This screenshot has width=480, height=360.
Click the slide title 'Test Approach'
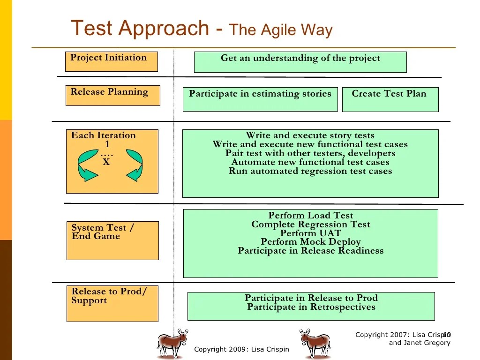pos(139,28)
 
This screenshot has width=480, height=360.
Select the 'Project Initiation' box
pos(111,61)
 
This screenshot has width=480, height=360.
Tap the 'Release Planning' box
pos(112,95)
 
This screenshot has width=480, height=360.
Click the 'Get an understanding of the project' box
pos(300,62)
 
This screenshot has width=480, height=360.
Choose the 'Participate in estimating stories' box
pos(260,99)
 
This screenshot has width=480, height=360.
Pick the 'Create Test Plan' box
pos(390,99)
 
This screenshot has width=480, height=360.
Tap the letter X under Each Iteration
pos(106,163)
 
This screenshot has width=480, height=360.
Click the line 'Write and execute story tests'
pos(310,135)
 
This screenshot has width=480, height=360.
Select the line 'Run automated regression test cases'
pos(310,171)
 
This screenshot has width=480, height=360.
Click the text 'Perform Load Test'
pos(310,216)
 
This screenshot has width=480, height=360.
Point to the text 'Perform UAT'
pos(310,233)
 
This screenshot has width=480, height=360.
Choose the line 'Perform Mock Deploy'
pos(310,242)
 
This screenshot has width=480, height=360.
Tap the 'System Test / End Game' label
pos(103,232)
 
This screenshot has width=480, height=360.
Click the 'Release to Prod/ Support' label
pos(109,296)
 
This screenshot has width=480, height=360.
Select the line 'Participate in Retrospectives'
pos(311,307)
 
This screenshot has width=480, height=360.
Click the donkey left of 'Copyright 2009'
pos(172,343)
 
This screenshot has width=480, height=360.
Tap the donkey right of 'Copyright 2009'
pos(315,343)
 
